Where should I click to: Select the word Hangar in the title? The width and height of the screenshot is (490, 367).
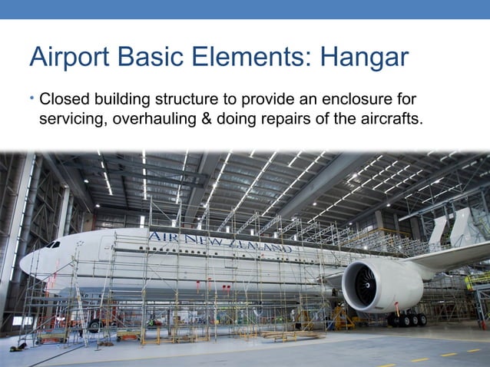coord(363,58)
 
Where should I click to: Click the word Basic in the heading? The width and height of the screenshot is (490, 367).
coord(152,58)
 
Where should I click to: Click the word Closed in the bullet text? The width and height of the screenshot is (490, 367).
coord(65,100)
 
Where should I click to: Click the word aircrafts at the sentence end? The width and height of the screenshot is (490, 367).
coord(392,119)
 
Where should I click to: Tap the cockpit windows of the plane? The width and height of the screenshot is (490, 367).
coord(51,245)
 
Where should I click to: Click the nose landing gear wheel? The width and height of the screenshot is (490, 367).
coord(94,325)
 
